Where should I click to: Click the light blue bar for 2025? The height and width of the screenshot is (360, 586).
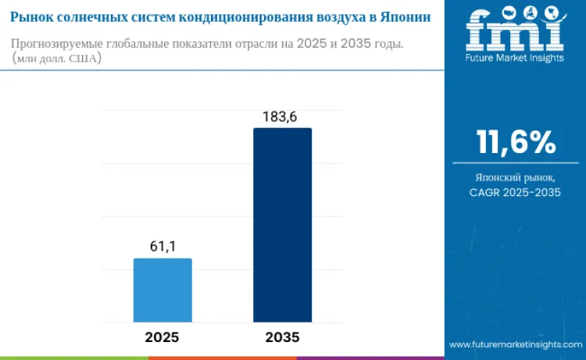[x=163, y=290]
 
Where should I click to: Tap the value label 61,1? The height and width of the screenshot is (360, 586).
[x=163, y=247]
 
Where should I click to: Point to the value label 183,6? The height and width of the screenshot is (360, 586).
[x=282, y=116]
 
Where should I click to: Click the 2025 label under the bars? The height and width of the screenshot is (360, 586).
[x=163, y=337]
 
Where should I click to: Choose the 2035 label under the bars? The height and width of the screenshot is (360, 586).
[x=282, y=337]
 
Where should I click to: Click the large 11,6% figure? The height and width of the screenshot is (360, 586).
[x=516, y=143]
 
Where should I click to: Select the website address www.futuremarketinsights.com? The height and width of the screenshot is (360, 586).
[x=515, y=344]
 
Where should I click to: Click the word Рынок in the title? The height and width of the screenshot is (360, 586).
[x=31, y=16]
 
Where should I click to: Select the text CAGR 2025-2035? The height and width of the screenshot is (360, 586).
[x=516, y=193]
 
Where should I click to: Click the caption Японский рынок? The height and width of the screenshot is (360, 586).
[x=516, y=178]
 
